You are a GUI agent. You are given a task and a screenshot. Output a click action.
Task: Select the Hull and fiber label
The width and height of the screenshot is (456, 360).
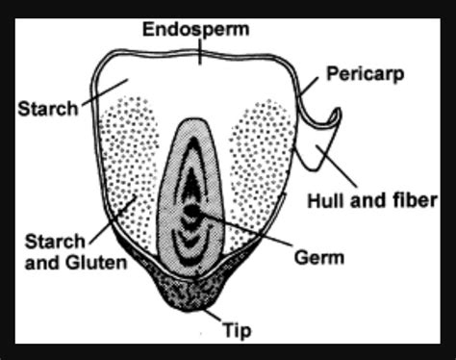point(370,200)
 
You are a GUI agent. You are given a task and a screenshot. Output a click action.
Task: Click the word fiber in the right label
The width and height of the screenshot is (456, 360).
point(413,200)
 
